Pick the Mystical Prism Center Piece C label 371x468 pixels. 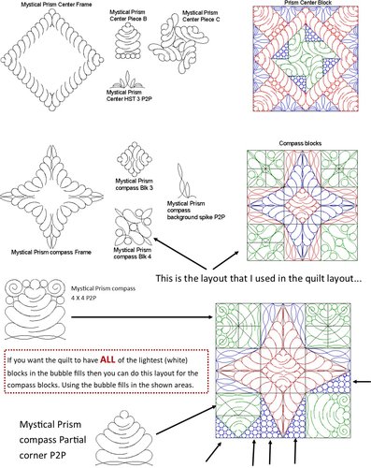[x=200, y=13]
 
